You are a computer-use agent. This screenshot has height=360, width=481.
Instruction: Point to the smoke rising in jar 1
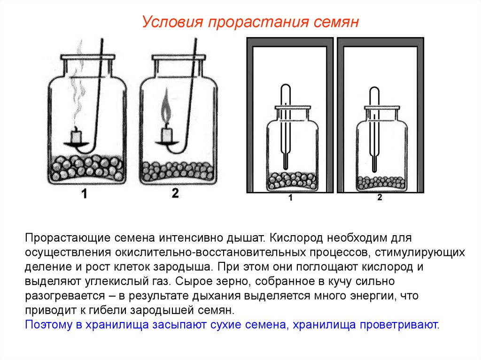coord(79,83)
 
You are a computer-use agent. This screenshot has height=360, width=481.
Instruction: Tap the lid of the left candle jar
coord(88,57)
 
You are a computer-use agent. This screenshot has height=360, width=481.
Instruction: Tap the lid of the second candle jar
coord(179,57)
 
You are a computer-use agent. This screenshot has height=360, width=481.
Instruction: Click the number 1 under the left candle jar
coord(84,194)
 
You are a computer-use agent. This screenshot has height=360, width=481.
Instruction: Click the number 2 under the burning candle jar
coord(175,193)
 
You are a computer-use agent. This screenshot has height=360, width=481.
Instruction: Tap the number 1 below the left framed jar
coord(290,198)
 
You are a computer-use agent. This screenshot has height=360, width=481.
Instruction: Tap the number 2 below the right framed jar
coord(380,197)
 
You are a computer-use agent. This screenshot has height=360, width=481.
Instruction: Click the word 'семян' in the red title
coord(336,22)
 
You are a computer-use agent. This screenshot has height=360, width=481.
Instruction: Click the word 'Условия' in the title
coord(173,22)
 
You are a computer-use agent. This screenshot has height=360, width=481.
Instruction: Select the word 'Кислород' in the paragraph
coord(296,238)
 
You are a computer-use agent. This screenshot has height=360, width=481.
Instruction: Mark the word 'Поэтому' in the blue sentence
coord(48,324)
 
